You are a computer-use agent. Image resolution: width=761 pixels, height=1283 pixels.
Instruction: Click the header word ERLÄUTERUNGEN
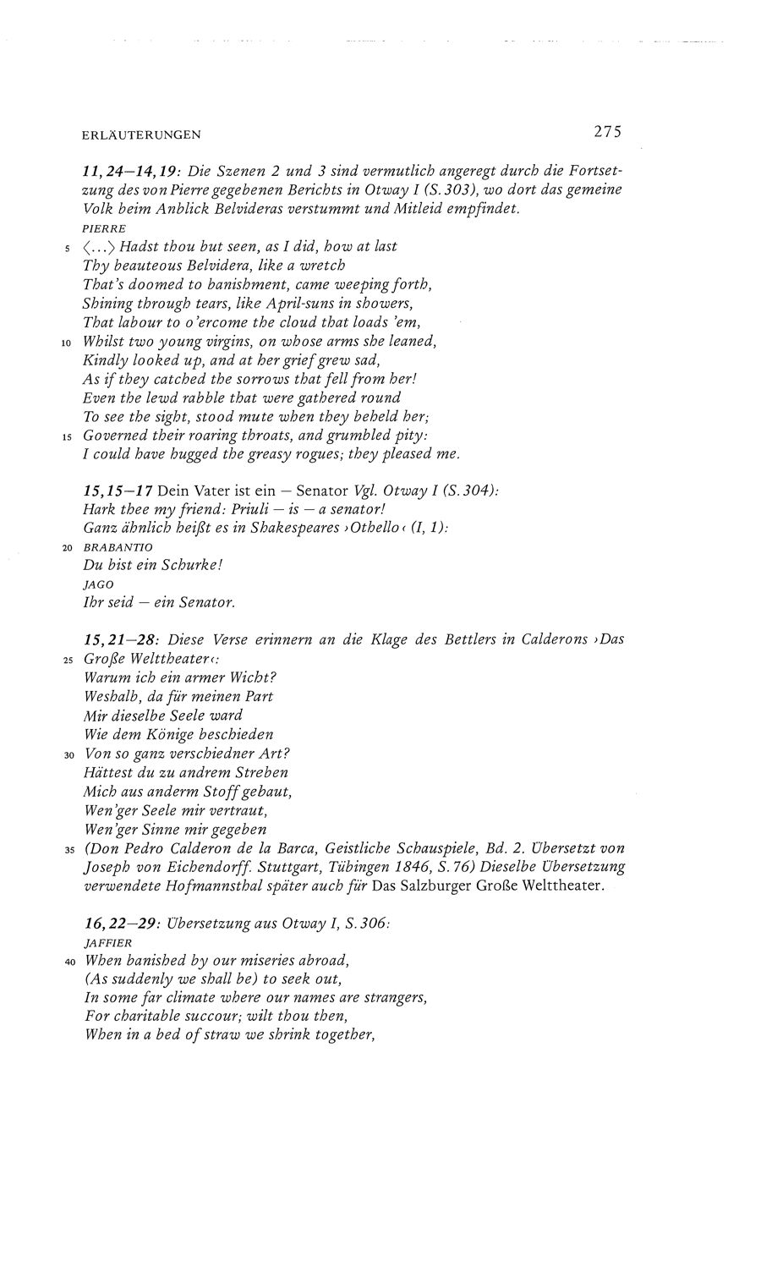pyautogui.click(x=141, y=134)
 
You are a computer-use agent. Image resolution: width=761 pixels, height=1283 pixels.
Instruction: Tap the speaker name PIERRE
pyautogui.click(x=103, y=228)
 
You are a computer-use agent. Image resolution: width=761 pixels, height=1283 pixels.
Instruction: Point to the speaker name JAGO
pyautogui.click(x=98, y=584)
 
